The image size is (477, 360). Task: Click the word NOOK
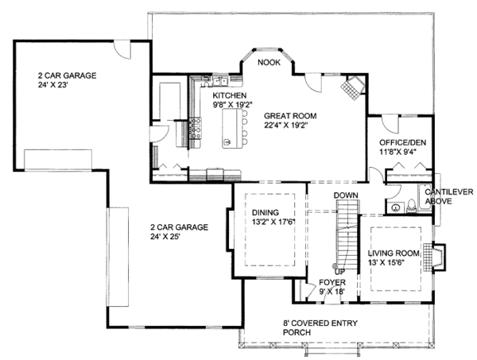coord(268,62)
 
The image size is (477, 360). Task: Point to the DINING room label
coord(266,212)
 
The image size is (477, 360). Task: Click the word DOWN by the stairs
coord(345,195)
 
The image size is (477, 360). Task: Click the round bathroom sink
coord(395,206)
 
